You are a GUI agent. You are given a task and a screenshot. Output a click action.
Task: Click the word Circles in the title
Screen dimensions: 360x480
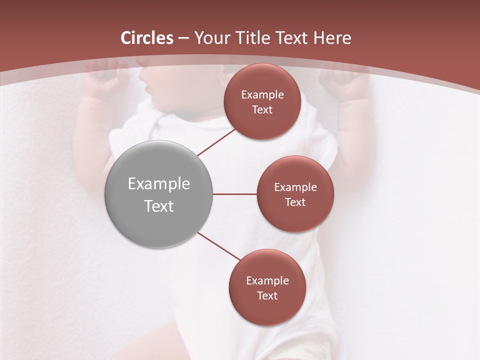[x=147, y=38]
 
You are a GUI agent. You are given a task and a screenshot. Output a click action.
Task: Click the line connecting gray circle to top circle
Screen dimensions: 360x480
[x=216, y=142]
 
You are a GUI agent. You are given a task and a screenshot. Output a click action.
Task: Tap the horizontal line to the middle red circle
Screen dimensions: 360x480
[x=235, y=194]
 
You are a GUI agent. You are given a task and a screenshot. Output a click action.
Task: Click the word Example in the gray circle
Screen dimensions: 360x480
[x=159, y=184]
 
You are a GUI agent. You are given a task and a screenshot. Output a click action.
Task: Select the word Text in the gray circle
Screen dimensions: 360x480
[x=159, y=206]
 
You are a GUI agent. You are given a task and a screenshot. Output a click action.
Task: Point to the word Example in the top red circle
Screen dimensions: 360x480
[x=262, y=95]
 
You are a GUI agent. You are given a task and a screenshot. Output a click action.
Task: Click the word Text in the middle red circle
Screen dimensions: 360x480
[x=295, y=202]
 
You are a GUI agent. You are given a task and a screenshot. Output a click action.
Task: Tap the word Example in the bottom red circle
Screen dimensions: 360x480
[x=267, y=281]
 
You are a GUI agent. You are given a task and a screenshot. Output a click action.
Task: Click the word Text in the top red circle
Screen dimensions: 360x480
[x=262, y=110]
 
